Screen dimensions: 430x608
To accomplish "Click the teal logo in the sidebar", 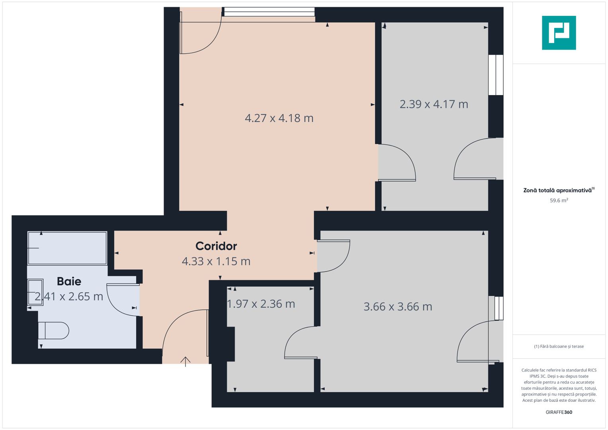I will tap(559, 33).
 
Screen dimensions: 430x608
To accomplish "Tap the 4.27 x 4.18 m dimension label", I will tap(279, 118).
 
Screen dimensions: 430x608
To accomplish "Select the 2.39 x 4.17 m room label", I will tap(434, 104).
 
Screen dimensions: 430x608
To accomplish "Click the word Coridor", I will tap(216, 246).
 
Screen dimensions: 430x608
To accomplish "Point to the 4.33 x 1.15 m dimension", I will tap(216, 262).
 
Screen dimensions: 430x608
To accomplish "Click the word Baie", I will tap(69, 281).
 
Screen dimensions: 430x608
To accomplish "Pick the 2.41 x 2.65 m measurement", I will tap(69, 297).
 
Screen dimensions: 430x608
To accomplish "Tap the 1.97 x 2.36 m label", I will tap(261, 304).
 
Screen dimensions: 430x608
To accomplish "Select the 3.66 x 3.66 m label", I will tap(398, 307).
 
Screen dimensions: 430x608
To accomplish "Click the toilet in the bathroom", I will tap(54, 330).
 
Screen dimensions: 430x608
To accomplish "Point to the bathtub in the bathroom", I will tap(67, 248).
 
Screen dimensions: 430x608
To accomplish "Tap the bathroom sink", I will tap(35, 292).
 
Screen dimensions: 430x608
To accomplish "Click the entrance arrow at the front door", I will tap(186, 361).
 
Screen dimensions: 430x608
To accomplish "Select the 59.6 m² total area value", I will tap(559, 201).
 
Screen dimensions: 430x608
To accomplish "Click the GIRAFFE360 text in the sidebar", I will tap(559, 412).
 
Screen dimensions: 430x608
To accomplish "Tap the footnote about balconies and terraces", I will tap(559, 346).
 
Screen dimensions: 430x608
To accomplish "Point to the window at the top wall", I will tap(269, 12).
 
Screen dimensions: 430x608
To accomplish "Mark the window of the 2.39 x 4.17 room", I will tap(496, 75).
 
